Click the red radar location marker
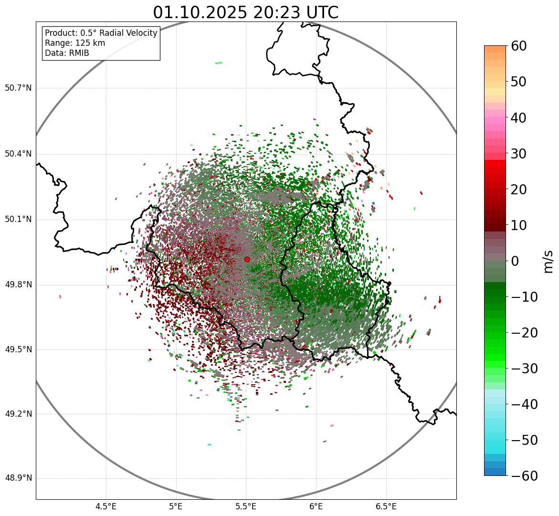[247, 259]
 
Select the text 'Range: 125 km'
[75, 43]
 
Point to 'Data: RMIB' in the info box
[67, 53]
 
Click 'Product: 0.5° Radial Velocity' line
[101, 33]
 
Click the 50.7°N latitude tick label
[18, 88]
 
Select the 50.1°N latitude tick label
[18, 220]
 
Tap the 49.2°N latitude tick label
[18, 414]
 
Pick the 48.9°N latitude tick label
[18, 478]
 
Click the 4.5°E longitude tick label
[106, 506]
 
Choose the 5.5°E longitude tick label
[246, 506]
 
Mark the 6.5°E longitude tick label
[386, 506]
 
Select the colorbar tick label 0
[515, 261]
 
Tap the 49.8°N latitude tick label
[18, 285]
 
